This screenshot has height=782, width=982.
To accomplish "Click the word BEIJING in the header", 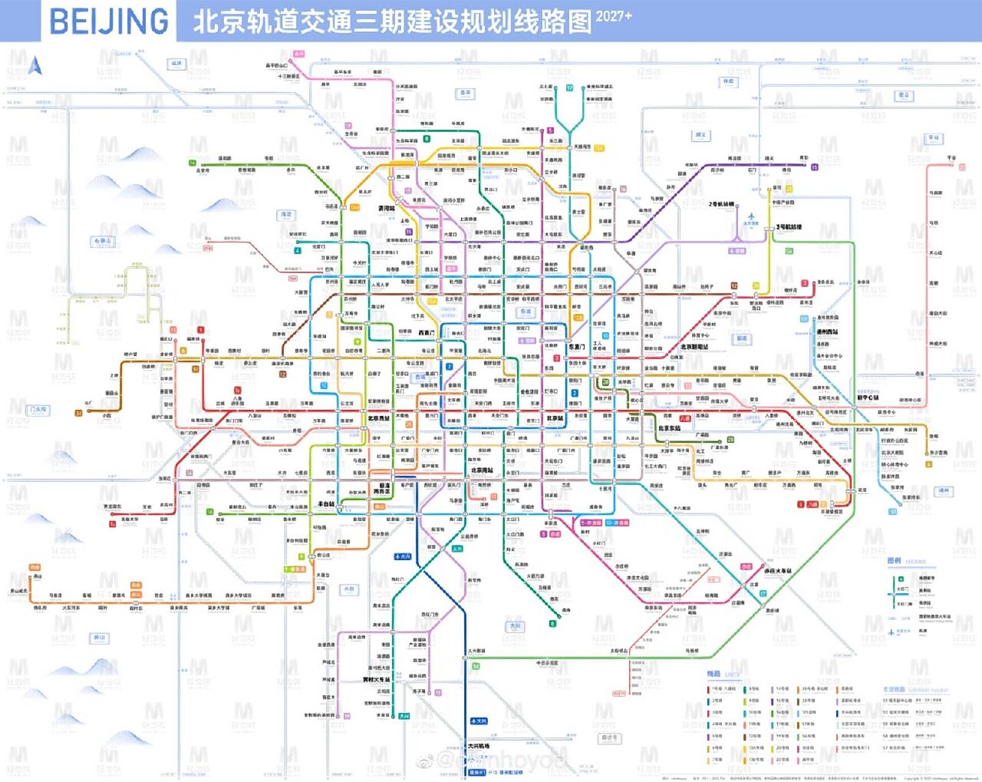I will coord(109,21).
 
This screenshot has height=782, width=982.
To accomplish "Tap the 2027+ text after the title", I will coord(614,16).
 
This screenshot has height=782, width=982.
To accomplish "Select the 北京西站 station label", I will coord(379,418).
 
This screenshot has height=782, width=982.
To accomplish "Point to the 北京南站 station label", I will coord(482,470).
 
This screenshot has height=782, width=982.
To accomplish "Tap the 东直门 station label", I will coord(577,346).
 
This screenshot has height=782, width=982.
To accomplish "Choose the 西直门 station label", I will coord(426,333).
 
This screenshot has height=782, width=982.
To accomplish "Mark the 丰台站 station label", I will coord(326,504).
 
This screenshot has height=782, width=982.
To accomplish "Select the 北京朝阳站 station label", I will coord(694,346).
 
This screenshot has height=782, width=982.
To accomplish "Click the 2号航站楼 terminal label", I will coord(721,204).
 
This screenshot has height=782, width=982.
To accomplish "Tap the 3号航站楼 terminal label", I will coord(789,227).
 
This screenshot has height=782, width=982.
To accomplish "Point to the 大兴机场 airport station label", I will coord(479,746).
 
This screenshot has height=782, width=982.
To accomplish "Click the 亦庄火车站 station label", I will coord(778,571).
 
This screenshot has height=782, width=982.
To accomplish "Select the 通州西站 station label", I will coord(827,332).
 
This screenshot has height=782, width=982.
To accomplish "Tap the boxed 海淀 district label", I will coord(286,215).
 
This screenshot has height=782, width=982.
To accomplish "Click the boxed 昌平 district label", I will coord(465,93).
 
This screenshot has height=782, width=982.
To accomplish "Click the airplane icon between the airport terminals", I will coord(751,216).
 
